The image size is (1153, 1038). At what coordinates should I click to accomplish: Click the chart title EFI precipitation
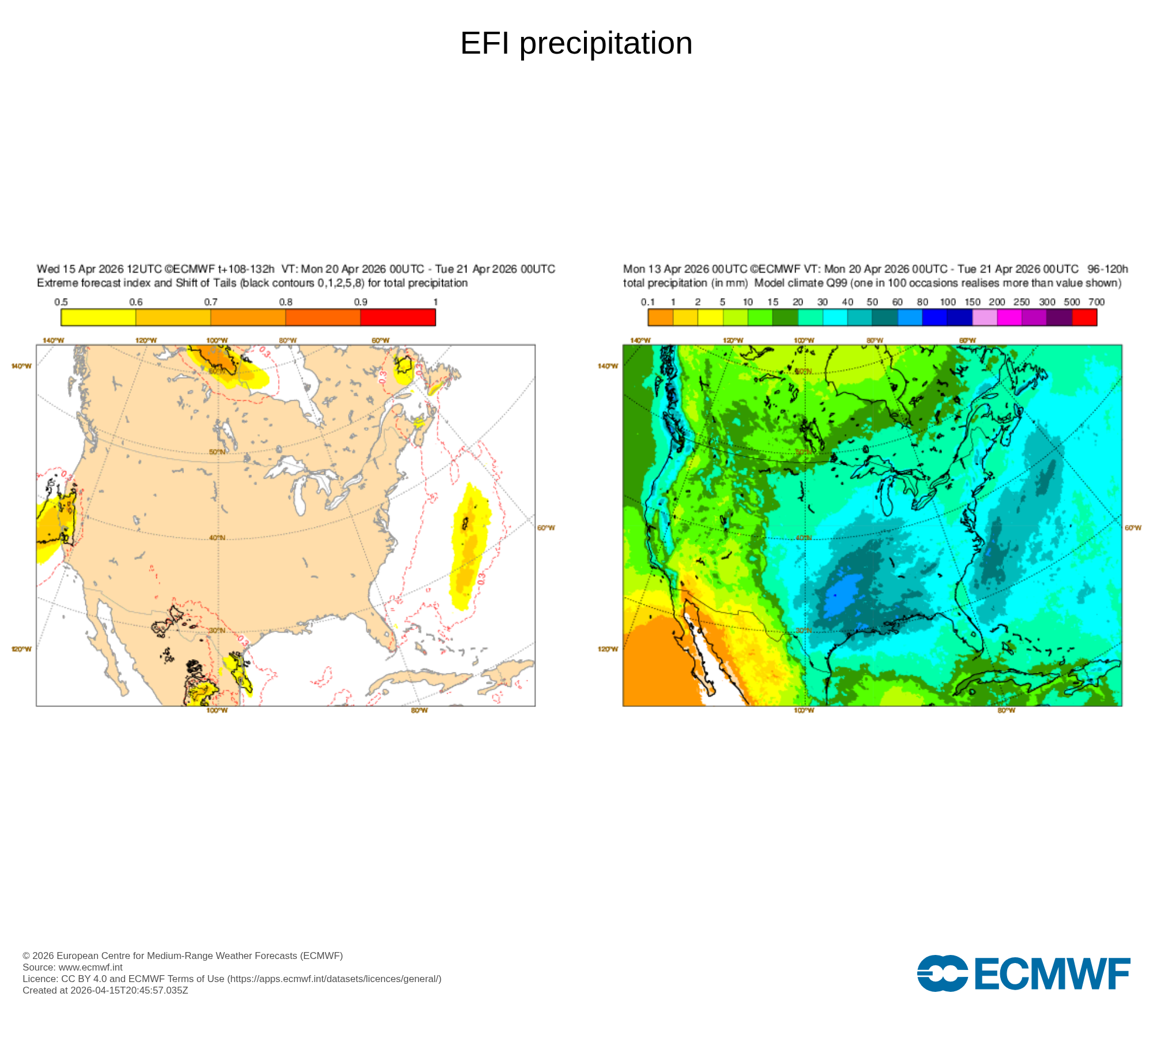576,43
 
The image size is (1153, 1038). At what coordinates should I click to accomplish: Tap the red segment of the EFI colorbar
398,317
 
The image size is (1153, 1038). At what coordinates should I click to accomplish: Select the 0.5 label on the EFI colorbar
61,302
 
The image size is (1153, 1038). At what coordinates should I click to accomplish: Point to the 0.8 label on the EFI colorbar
286,302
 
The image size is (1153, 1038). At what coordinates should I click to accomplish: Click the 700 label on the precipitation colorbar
1096,302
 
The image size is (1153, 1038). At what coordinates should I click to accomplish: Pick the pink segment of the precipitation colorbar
985,317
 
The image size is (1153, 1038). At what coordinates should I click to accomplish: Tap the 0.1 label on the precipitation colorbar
648,302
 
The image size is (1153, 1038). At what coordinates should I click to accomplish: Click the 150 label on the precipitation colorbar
973,302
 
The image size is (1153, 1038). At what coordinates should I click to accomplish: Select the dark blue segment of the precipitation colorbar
960,317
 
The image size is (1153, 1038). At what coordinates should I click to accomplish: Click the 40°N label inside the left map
217,537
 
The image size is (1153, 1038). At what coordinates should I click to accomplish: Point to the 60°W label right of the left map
546,528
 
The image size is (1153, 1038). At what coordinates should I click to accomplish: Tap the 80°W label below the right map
1006,710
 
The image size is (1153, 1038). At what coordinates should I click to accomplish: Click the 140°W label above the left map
53,340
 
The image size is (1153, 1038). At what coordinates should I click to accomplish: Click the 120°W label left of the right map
608,649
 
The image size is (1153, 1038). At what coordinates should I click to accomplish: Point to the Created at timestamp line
105,990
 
